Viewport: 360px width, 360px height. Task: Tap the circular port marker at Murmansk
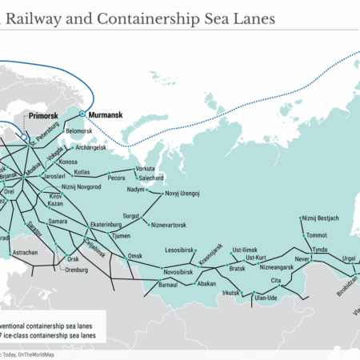point(82,114)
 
